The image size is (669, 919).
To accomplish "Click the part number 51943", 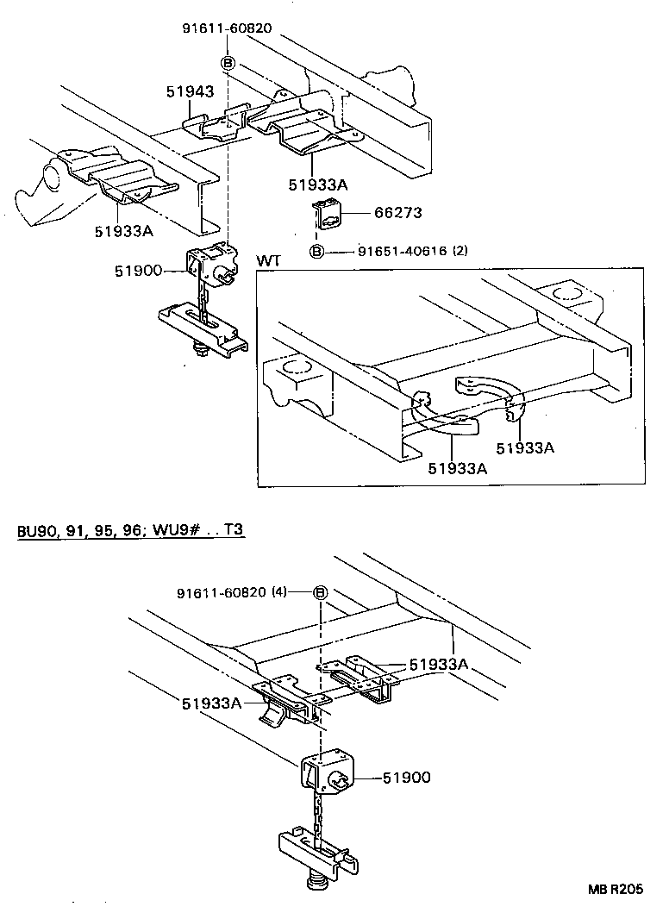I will pos(191,91).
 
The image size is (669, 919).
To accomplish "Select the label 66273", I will pos(397,213).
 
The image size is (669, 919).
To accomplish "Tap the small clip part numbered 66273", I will pos(328,215).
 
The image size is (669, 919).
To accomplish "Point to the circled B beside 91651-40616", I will pos(316,252).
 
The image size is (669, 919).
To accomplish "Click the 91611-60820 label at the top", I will pos(227,28).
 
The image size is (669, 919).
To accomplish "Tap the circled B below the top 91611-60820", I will pos(228,62).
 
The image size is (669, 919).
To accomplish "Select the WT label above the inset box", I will pos(267,260).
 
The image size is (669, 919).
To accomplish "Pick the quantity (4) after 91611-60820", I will pos(278,592).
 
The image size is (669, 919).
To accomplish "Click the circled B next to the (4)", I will pos(320,593).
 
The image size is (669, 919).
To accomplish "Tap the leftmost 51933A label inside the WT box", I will pos(457,468).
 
